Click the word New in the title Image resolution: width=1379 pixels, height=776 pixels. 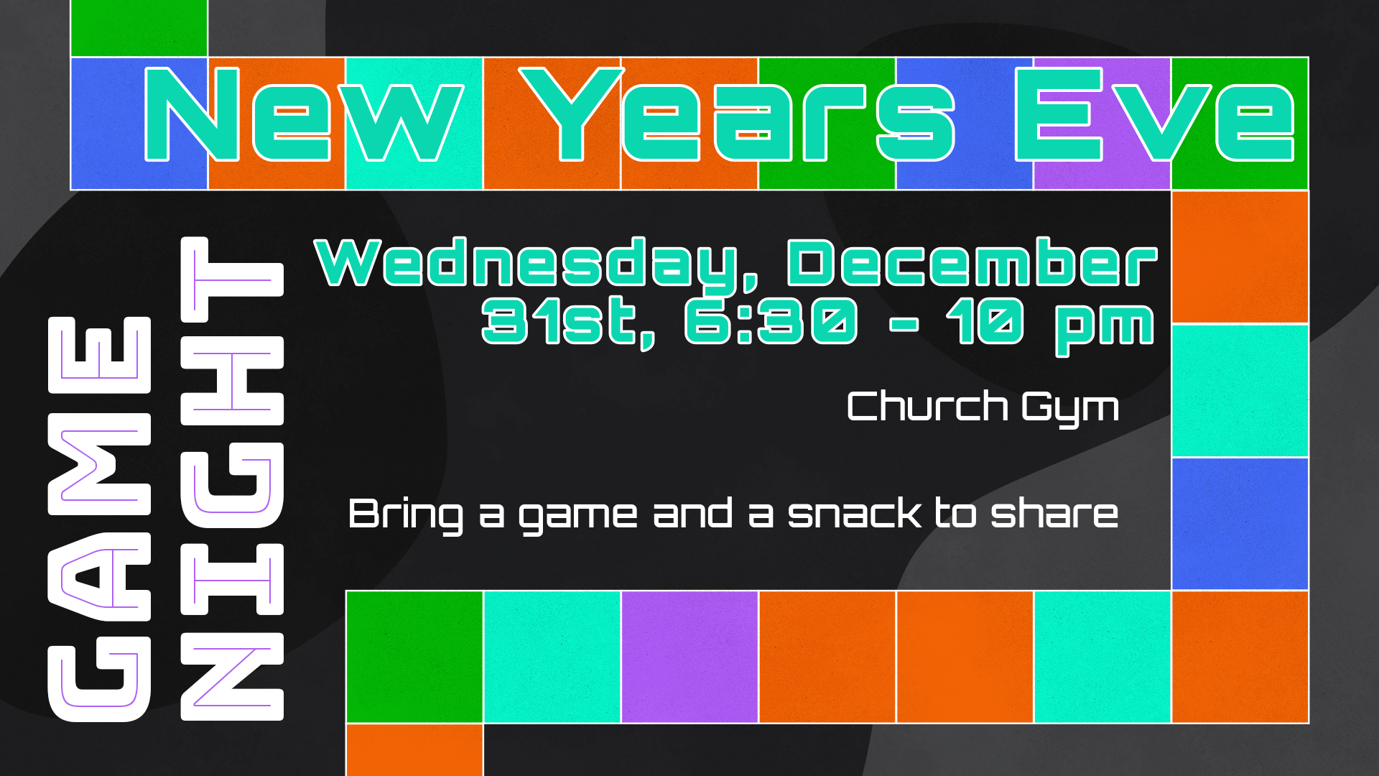[x=303, y=115]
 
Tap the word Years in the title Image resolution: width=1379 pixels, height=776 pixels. [x=737, y=115]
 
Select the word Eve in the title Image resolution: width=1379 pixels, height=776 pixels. [x=1155, y=115]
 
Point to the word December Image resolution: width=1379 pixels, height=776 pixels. [x=972, y=262]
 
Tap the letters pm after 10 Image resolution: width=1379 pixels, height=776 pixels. [x=1105, y=328]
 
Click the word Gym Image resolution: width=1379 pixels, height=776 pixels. [x=1070, y=410]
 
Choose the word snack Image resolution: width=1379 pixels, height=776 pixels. [x=855, y=513]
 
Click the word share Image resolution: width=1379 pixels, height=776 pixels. [x=1054, y=513]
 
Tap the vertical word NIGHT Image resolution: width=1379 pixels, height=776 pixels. [x=232, y=479]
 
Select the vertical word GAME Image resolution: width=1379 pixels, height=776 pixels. [x=99, y=519]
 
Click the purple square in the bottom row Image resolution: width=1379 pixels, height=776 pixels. [x=689, y=657]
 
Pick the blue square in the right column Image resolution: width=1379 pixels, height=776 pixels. [x=1240, y=524]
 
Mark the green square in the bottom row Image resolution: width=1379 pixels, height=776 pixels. [x=414, y=657]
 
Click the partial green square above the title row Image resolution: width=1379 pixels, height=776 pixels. [x=139, y=28]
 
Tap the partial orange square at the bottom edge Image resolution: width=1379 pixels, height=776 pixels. [x=414, y=750]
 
